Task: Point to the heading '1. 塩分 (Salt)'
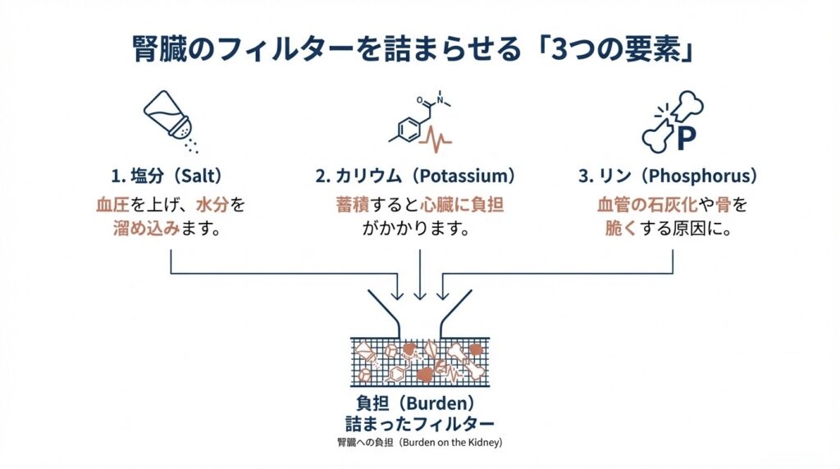pyautogui.click(x=169, y=176)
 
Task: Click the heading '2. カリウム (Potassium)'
pyautogui.click(x=419, y=176)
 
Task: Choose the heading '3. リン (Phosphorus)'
pyautogui.click(x=665, y=176)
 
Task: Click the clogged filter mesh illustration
pyautogui.click(x=419, y=362)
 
